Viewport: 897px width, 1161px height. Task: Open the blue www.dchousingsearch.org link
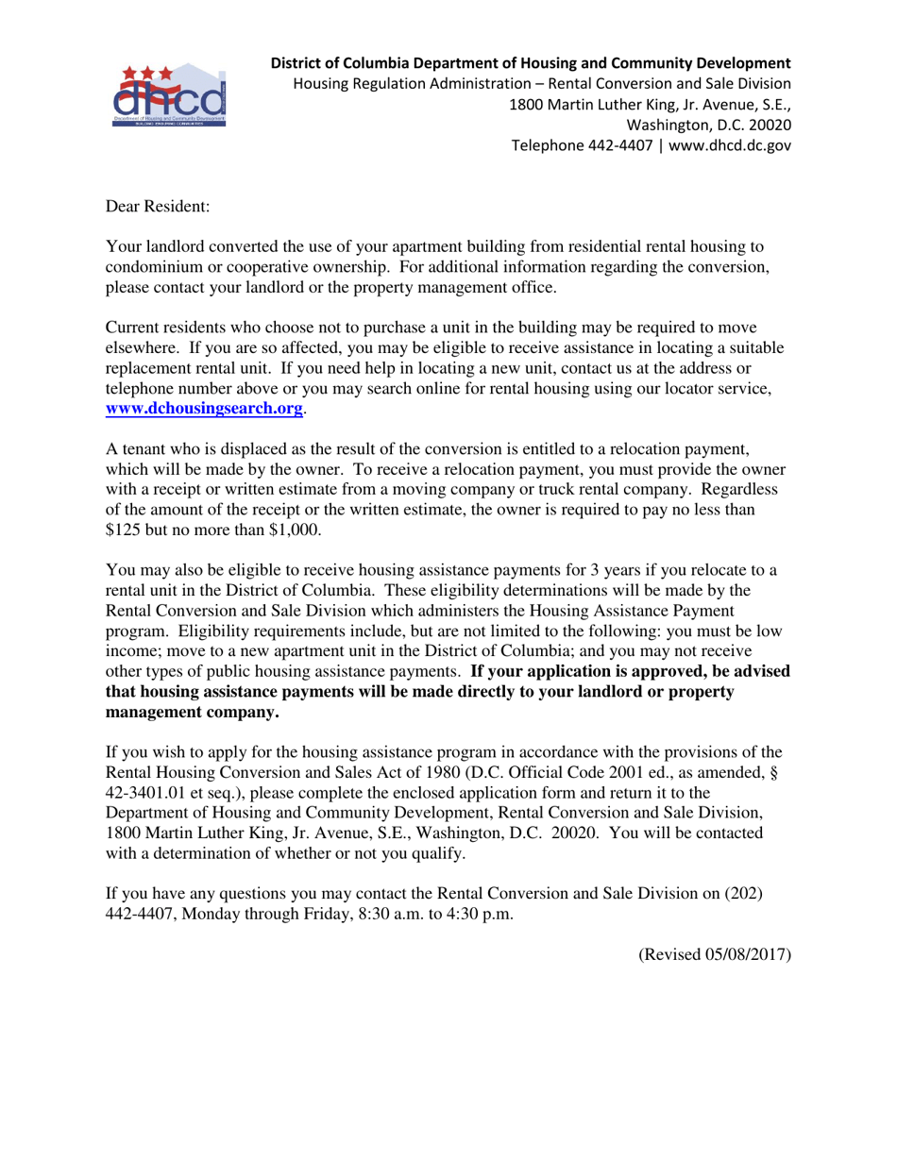pos(204,409)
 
